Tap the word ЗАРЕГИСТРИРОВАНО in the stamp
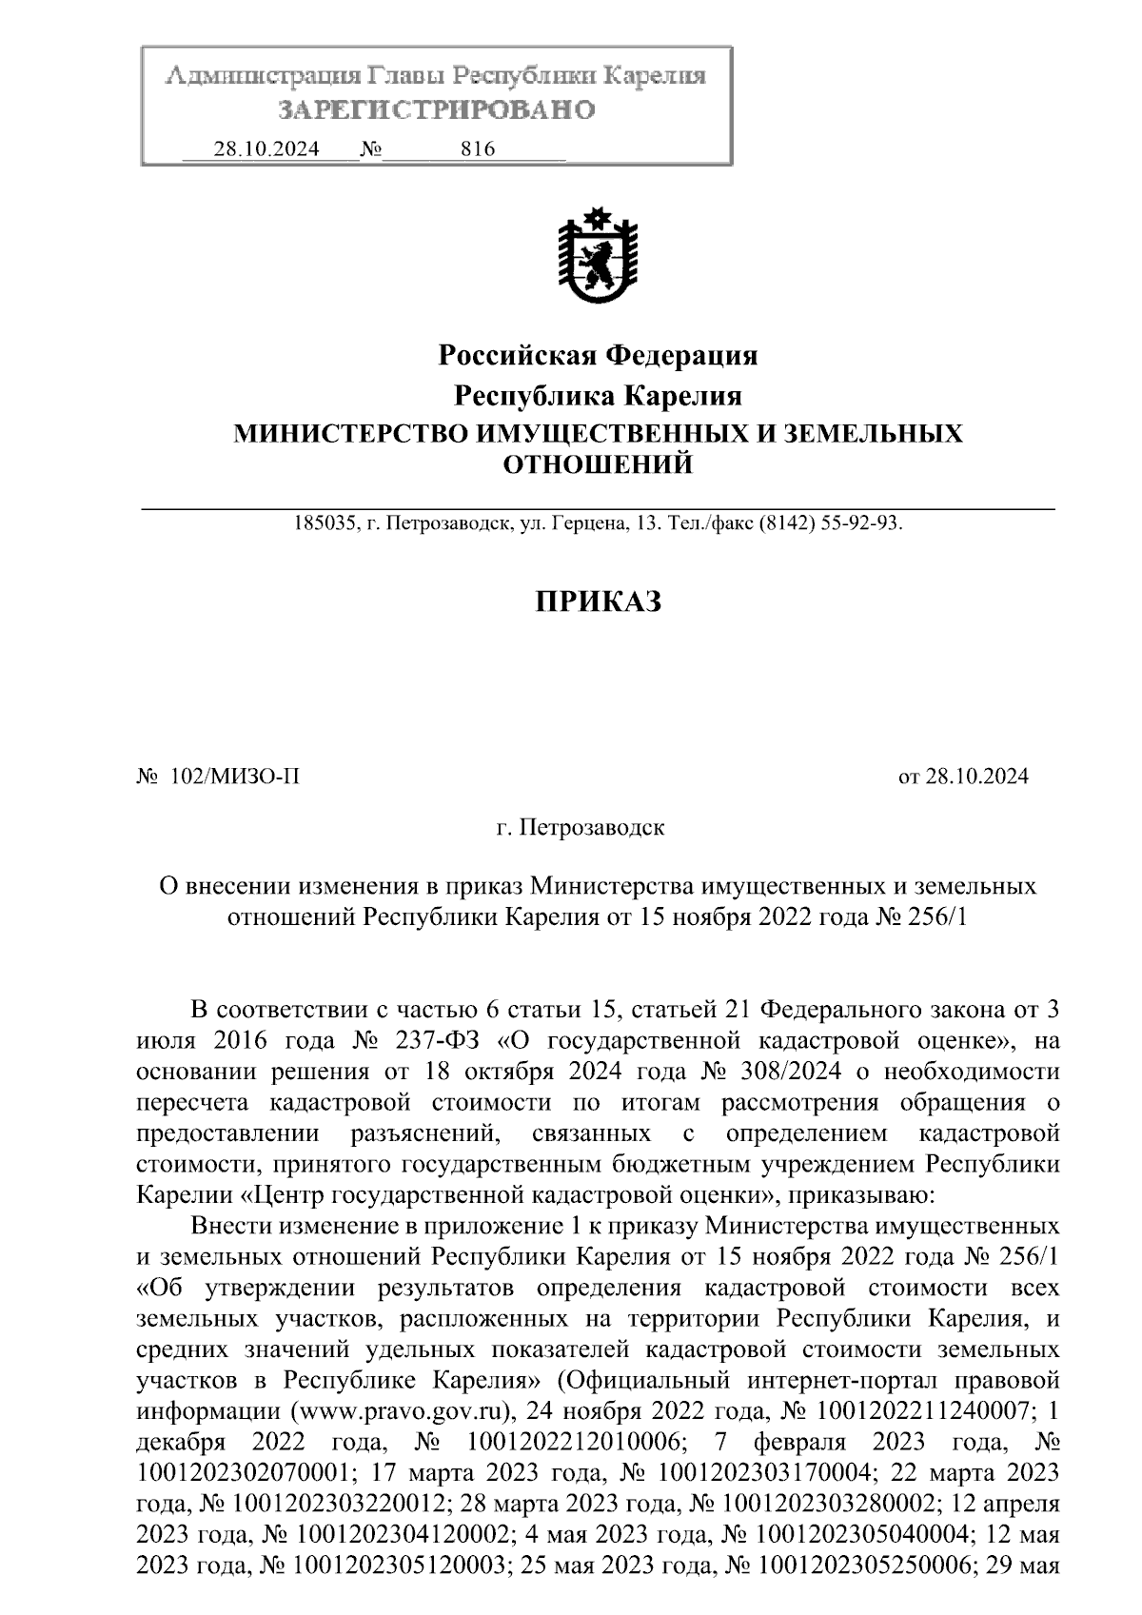(x=436, y=111)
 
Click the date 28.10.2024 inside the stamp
(x=266, y=149)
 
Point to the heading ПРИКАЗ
(x=597, y=601)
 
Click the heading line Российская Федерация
(x=598, y=356)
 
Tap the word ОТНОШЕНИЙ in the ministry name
(x=598, y=465)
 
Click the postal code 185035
(x=325, y=524)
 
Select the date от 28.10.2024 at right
(x=963, y=778)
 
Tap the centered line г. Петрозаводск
(x=581, y=828)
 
